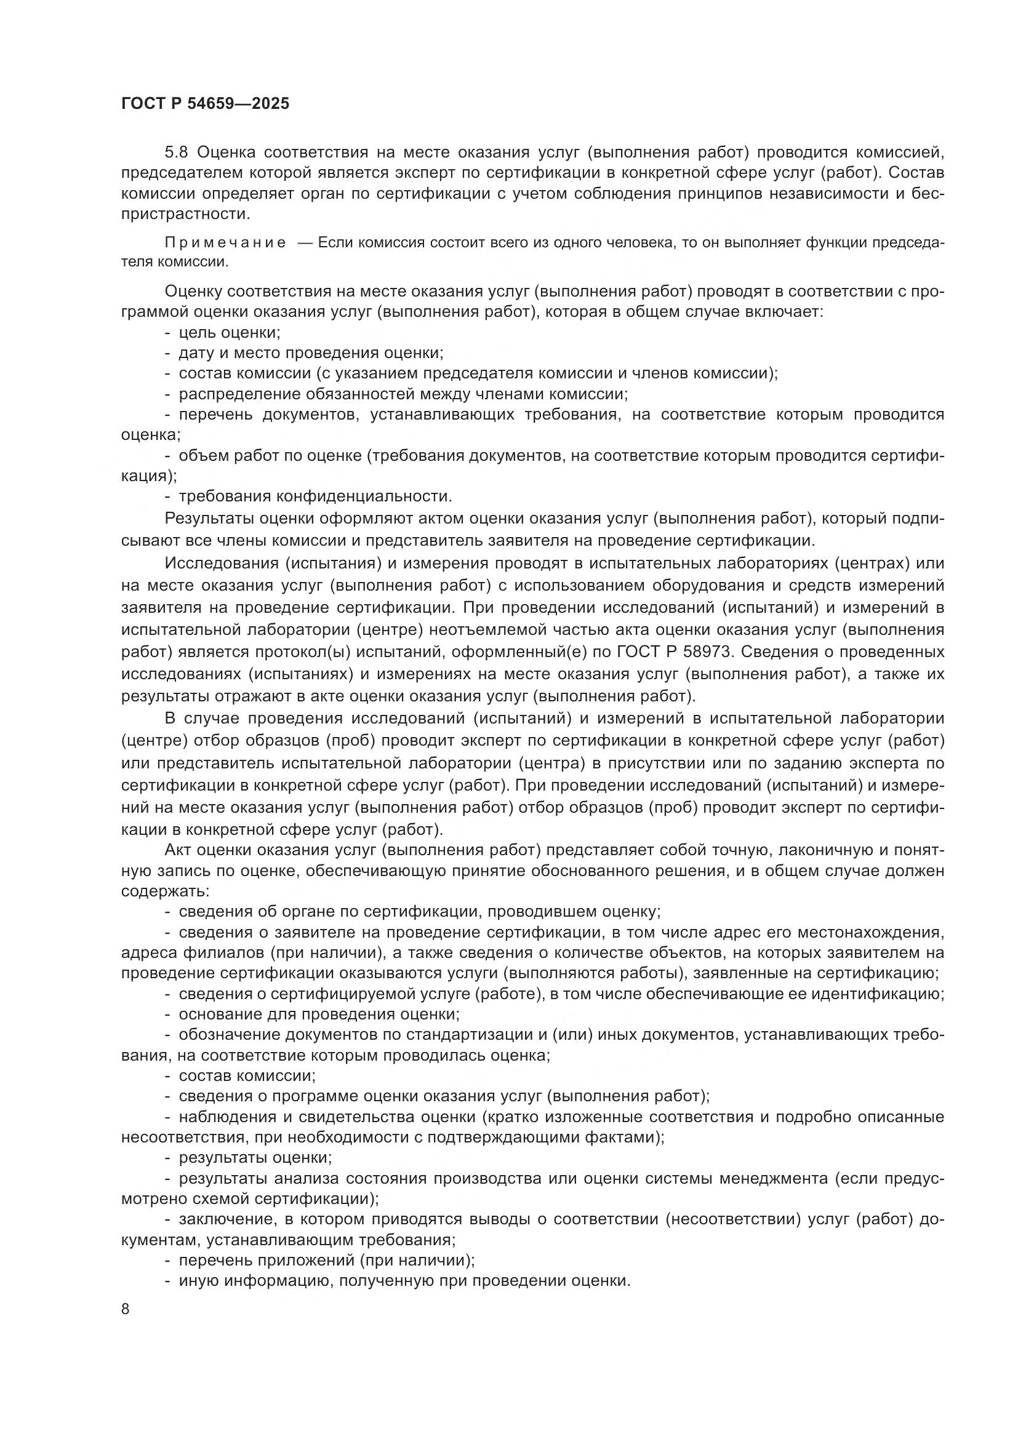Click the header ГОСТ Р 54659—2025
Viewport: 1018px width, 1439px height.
point(205,104)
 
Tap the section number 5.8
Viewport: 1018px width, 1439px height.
point(177,153)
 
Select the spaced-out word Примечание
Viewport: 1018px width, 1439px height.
point(225,243)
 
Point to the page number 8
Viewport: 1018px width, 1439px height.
point(126,1309)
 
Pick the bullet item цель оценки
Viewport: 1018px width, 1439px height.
point(230,333)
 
